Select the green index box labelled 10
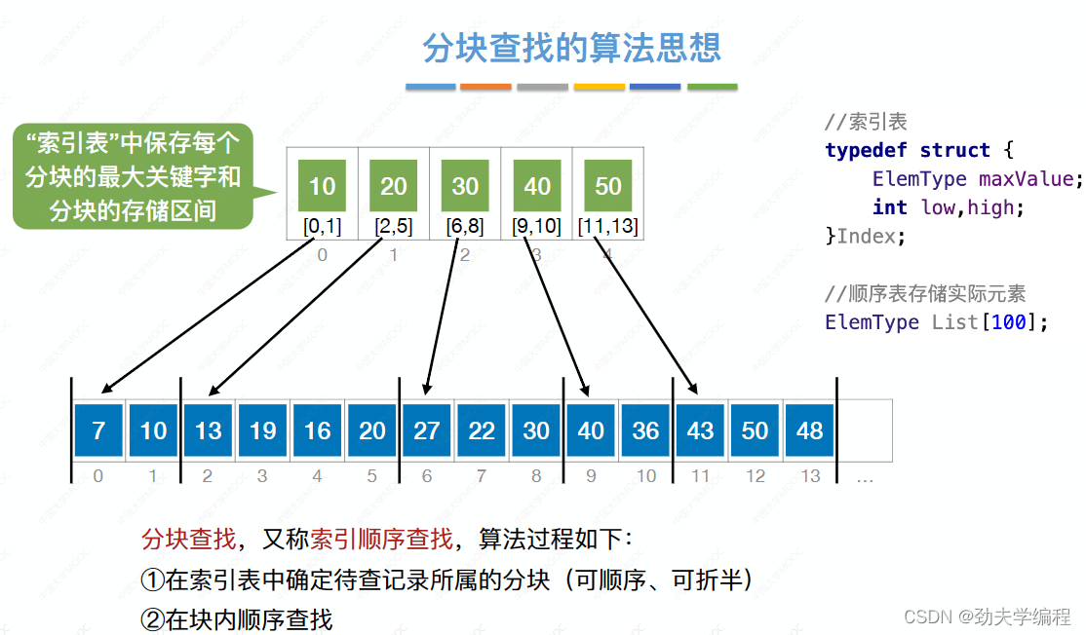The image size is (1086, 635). coord(322,185)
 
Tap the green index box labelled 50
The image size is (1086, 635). coord(607,185)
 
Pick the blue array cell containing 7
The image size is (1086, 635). coord(98,430)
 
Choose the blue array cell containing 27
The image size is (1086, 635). coord(427,430)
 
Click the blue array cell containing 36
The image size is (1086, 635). coord(645,430)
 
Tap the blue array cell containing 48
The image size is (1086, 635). coord(809,430)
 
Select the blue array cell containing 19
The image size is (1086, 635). coord(263,430)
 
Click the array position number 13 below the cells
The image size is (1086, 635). coord(810,476)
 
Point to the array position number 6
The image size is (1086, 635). coord(426,476)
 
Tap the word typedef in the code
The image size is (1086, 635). coord(866,150)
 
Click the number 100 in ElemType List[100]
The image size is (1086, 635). coord(1008,321)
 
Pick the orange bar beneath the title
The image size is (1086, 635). coord(485,88)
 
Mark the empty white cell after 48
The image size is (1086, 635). coord(865,430)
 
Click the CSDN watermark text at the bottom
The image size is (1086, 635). coord(987,616)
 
